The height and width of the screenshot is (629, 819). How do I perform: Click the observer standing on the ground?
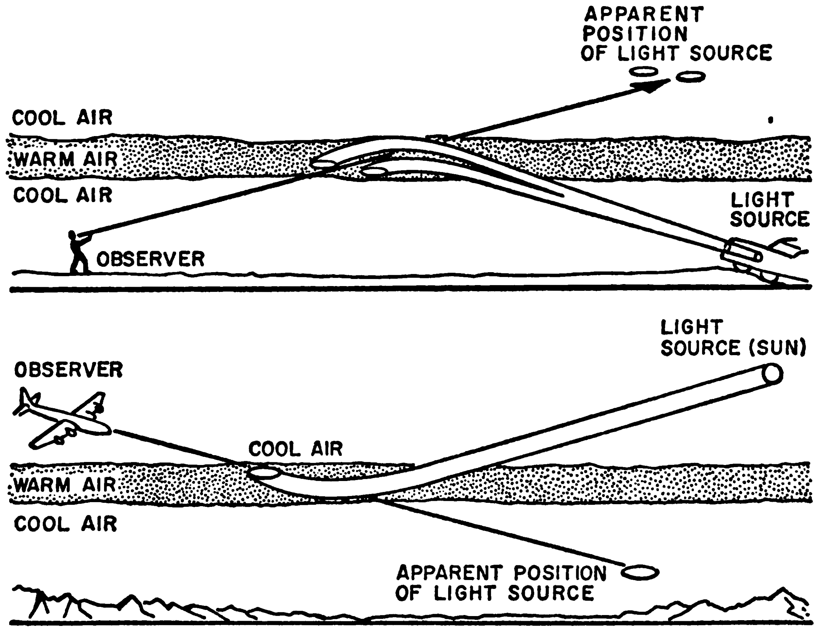(78, 253)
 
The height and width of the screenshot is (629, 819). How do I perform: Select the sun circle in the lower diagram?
(771, 374)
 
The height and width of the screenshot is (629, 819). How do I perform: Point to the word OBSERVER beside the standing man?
(150, 259)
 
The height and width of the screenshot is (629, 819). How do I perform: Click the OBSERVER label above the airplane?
(68, 370)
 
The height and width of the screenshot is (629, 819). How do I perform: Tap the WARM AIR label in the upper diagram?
(66, 160)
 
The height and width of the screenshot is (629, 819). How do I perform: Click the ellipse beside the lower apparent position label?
(640, 572)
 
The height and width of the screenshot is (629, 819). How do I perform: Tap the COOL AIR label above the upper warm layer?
(62, 118)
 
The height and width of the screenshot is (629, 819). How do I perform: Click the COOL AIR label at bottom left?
(66, 524)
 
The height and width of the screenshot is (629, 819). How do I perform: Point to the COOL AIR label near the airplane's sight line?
(295, 449)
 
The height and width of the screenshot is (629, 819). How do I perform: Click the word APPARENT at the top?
(644, 15)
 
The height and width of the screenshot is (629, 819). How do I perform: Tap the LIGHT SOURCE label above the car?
(770, 210)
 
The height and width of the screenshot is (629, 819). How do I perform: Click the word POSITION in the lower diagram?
(560, 573)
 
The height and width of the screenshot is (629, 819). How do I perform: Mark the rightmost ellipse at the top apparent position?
(690, 77)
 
